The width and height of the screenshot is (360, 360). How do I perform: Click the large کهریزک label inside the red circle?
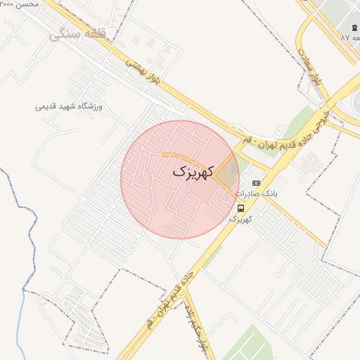pyautogui.click(x=192, y=172)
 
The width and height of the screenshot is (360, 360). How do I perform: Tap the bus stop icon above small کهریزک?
pyautogui.click(x=241, y=208)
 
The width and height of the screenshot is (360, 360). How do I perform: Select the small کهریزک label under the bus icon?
pyautogui.click(x=240, y=219)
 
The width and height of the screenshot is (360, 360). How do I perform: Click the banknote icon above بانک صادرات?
pyautogui.click(x=255, y=183)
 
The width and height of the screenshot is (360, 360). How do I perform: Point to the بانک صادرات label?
pyautogui.click(x=256, y=193)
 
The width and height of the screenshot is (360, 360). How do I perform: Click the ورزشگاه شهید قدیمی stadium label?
pyautogui.click(x=69, y=107)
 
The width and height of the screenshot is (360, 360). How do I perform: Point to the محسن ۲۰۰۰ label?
pyautogui.click(x=20, y=4)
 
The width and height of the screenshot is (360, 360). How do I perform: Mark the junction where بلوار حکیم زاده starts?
pyautogui.click(x=186, y=288)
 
